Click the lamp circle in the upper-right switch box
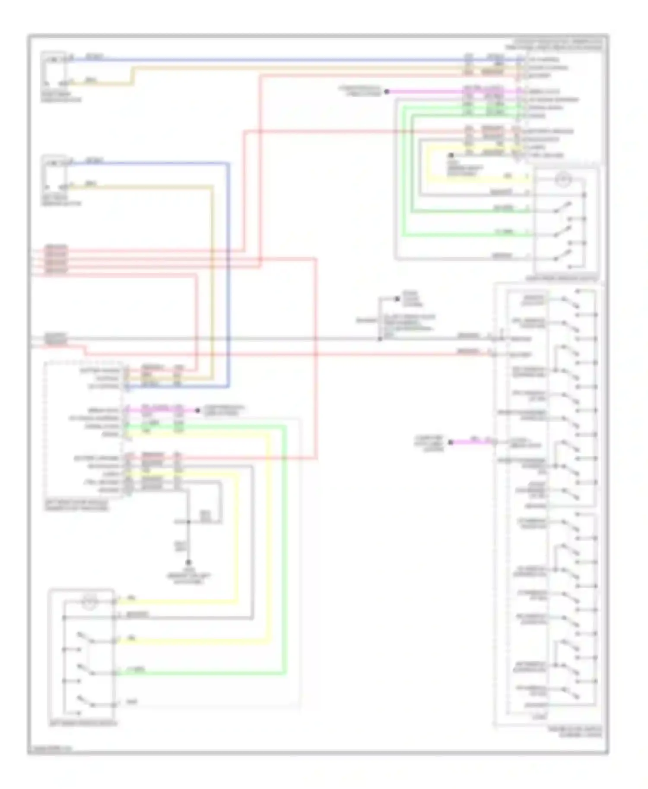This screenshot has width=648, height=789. [x=562, y=179]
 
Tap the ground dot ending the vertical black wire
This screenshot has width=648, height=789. [x=188, y=562]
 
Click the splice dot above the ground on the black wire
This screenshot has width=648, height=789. [x=188, y=522]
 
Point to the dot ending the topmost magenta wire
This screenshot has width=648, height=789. [x=387, y=92]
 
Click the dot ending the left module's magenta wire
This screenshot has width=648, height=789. [x=198, y=410]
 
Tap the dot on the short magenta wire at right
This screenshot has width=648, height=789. [x=450, y=442]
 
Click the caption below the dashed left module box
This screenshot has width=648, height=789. [x=76, y=506]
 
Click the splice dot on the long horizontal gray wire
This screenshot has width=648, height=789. [x=380, y=339]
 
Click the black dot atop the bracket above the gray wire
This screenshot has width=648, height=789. [x=397, y=299]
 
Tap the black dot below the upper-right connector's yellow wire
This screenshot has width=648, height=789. [x=451, y=155]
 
